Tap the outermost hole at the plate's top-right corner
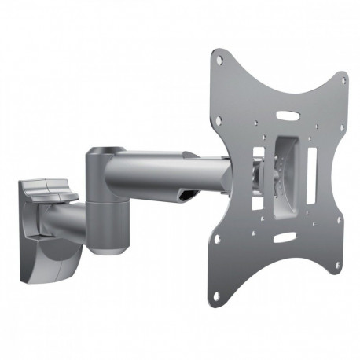342,80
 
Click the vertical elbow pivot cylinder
105,200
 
